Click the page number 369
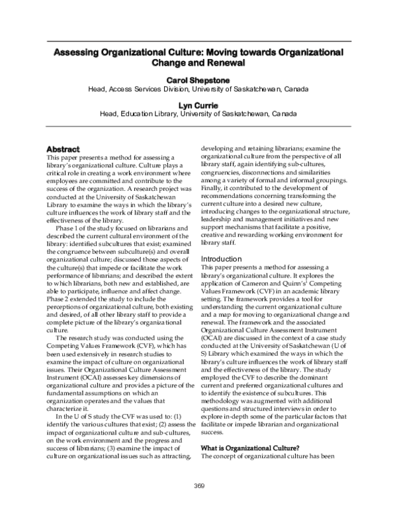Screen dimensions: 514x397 [x=198, y=486]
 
